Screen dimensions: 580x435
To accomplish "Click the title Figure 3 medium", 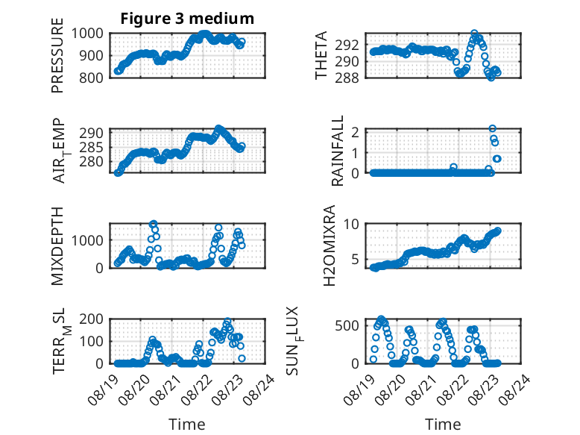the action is [187, 19].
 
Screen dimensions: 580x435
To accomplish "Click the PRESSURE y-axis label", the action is [57, 55].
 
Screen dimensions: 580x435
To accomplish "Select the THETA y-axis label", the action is [321, 55].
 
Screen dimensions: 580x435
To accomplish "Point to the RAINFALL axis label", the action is [338, 150].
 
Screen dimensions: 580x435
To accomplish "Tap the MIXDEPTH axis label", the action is [57, 245].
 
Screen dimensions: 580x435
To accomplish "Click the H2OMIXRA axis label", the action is [330, 245].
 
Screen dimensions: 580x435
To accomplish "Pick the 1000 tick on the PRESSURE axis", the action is [87, 34].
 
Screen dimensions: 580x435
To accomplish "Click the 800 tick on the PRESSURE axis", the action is [92, 78].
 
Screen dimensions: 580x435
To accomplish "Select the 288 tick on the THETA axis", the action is [347, 78].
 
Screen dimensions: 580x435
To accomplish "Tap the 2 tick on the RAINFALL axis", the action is [355, 132].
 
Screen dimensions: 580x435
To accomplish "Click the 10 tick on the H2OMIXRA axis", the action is [351, 224].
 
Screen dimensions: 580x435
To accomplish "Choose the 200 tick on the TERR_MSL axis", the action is [92, 319].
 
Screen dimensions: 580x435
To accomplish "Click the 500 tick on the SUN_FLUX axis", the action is [347, 326].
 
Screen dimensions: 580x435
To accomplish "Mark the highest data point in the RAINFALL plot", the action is [492, 128].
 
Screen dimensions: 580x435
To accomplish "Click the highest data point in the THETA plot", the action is [475, 34].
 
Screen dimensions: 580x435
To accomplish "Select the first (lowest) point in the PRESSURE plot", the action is [118, 71].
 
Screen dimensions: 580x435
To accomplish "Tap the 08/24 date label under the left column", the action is [259, 389].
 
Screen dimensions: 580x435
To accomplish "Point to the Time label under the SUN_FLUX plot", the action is [443, 425].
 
